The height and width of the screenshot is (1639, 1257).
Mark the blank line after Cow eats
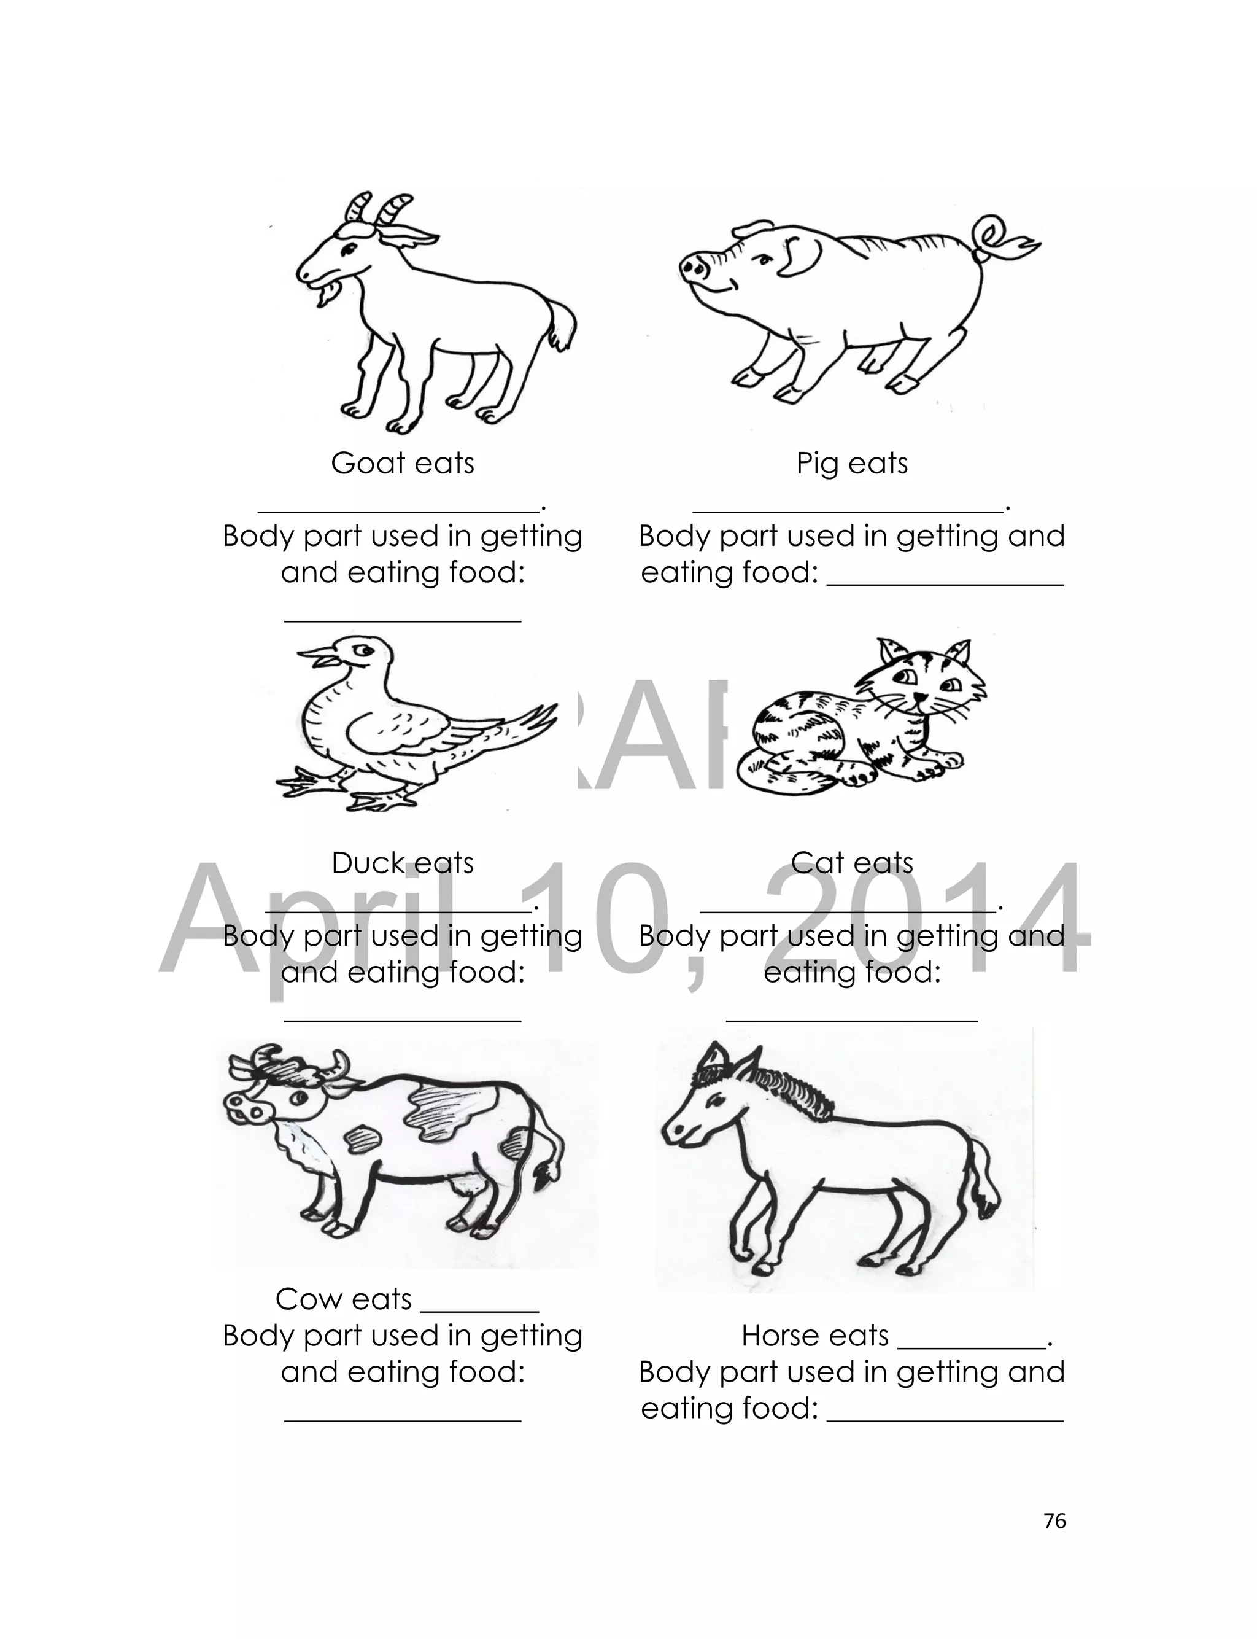pyautogui.click(x=479, y=1310)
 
